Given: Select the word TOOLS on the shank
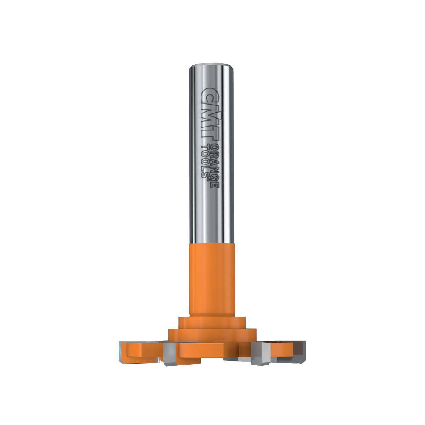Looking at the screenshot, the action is (x=206, y=160).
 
